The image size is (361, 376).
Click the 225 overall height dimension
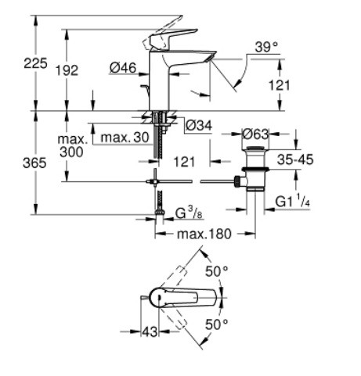(35, 63)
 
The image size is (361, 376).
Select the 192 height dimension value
(67, 70)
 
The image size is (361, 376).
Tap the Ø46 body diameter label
(123, 68)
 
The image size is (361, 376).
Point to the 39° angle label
(266, 47)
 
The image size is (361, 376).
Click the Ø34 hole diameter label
(199, 126)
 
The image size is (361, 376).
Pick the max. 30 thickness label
(125, 138)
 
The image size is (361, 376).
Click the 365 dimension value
(34, 163)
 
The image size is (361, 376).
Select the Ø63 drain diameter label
(255, 134)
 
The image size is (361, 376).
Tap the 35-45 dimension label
(295, 159)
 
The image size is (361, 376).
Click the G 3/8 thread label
(189, 213)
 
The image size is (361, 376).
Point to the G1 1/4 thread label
(293, 202)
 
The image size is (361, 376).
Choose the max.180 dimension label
(204, 234)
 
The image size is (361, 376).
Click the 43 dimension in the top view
(150, 331)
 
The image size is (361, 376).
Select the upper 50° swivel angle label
(217, 271)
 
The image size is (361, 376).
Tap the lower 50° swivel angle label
(217, 324)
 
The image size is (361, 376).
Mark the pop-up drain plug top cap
(255, 149)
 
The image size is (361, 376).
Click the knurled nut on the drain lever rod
(237, 181)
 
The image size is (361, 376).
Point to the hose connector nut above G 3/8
(159, 212)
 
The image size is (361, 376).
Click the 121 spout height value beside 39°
(280, 85)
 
